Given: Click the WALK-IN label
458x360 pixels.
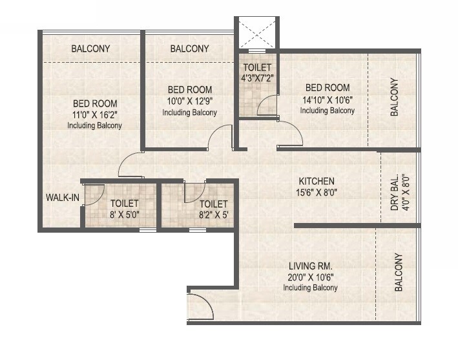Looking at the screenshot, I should [62, 198].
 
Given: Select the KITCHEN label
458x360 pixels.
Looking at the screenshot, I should [316, 181].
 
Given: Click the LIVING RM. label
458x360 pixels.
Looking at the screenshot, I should [311, 266].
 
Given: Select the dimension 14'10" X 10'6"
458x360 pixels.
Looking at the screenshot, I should [327, 100].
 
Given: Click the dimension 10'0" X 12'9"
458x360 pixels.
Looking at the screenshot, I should [189, 101].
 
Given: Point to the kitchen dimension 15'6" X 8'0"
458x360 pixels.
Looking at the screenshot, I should [316, 192].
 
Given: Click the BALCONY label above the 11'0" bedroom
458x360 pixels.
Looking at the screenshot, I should [90, 48].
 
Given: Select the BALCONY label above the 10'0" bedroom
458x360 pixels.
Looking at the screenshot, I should [189, 48].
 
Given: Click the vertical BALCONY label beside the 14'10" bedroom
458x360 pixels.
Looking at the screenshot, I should [394, 98].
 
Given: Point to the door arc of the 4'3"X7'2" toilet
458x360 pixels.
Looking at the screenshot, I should [267, 105].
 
